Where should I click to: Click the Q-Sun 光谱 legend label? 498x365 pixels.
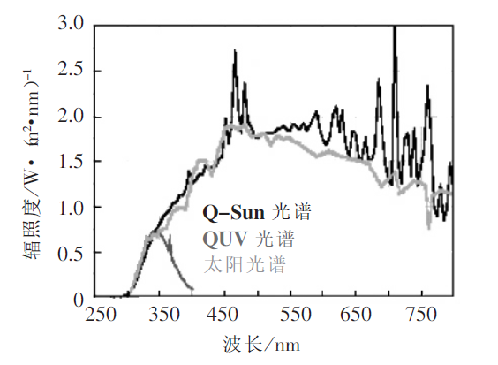[256, 213]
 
